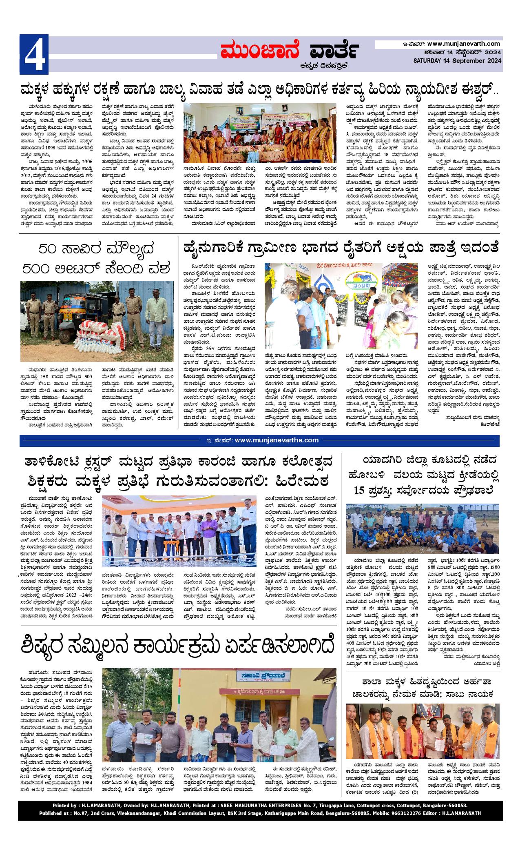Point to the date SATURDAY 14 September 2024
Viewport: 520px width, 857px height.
[458, 61]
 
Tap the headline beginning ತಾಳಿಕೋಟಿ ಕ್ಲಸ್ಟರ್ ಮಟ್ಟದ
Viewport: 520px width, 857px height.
[179, 462]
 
